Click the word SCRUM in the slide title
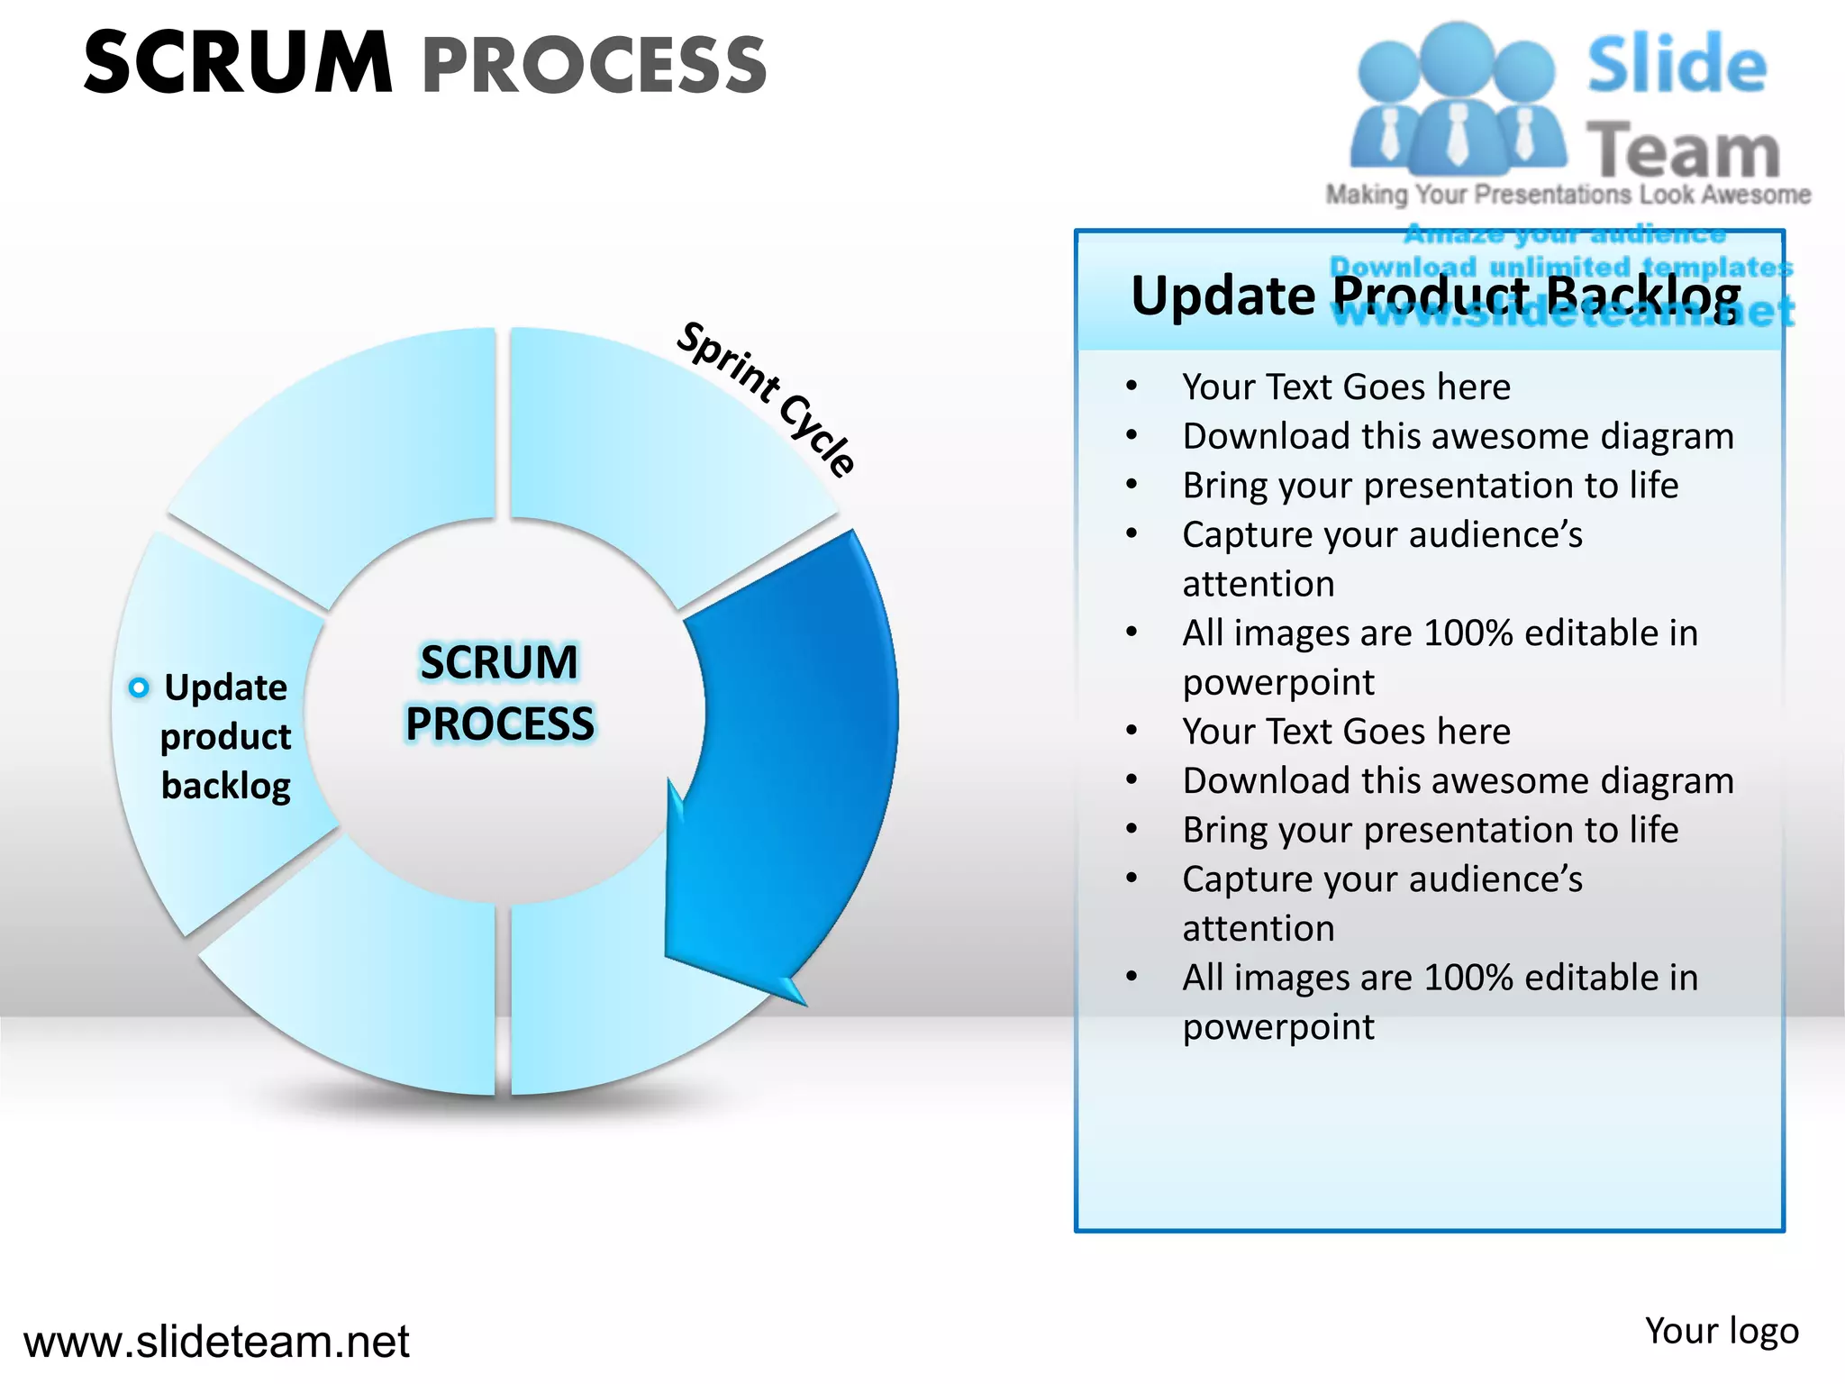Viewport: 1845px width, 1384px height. [238, 63]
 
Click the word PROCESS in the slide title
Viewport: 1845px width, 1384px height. [595, 66]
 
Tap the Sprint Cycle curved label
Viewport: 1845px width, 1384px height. [767, 396]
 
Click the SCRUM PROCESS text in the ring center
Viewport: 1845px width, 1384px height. [500, 693]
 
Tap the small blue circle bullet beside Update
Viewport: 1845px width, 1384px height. [138, 688]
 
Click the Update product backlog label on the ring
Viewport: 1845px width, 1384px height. [225, 736]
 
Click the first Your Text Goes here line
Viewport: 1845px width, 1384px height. [1346, 387]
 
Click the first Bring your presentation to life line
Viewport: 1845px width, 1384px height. [1430, 486]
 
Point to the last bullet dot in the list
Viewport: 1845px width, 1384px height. [1132, 977]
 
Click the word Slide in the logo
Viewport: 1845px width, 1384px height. [1676, 64]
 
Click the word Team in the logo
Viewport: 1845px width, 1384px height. [1682, 150]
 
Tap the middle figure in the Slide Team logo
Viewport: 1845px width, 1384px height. [1457, 99]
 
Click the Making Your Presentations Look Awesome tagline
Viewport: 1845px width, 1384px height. [1568, 195]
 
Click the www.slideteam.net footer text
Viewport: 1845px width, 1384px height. [216, 1342]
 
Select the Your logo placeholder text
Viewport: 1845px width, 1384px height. [1721, 1331]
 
